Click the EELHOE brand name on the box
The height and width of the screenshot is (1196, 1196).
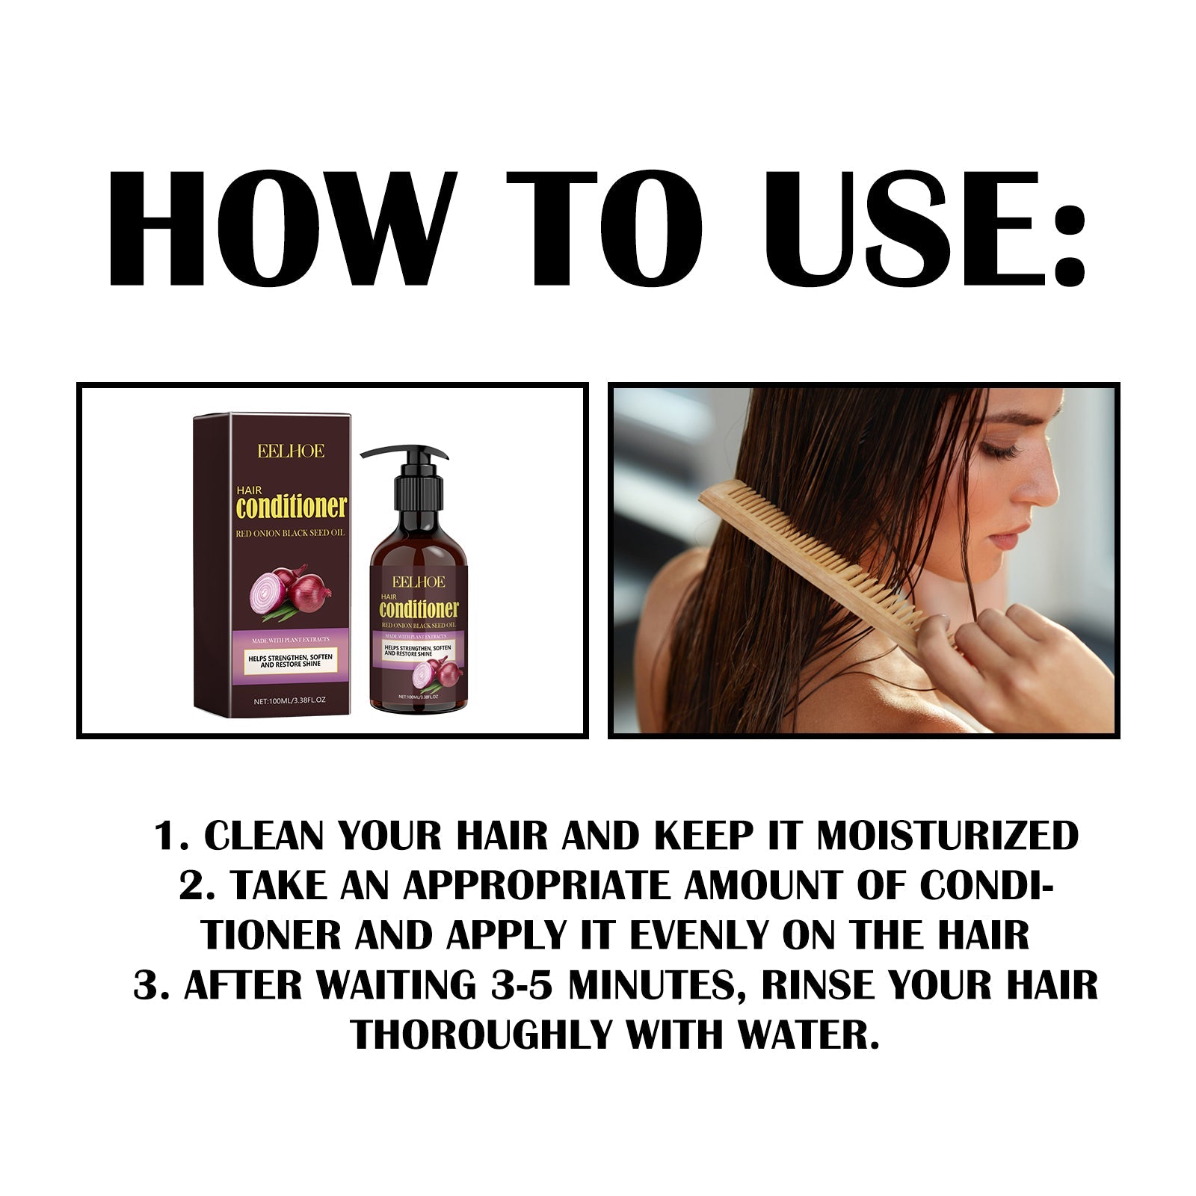tap(291, 451)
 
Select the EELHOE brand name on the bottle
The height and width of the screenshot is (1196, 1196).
tap(419, 582)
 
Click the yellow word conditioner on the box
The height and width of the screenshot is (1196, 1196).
tap(292, 508)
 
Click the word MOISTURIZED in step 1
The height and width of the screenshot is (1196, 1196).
tap(947, 836)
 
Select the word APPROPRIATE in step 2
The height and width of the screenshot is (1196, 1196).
tap(539, 886)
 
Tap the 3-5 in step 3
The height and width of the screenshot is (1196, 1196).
tap(523, 985)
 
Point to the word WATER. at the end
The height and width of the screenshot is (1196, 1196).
tap(808, 1035)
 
